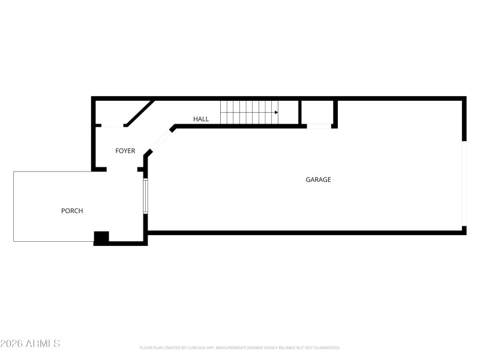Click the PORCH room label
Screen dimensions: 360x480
(x=72, y=211)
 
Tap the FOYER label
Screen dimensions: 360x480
(x=125, y=151)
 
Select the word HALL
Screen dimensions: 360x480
(x=201, y=119)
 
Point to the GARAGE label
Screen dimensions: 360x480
(x=318, y=179)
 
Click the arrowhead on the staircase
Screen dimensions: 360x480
(x=276, y=112)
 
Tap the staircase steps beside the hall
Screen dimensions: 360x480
(x=249, y=112)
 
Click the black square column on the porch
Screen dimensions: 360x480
(x=101, y=238)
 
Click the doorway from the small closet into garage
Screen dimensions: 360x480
(x=319, y=126)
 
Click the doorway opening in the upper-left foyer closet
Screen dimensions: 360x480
(x=110, y=126)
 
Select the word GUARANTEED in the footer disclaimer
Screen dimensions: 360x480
(x=325, y=347)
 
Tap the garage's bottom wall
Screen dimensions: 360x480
(x=306, y=232)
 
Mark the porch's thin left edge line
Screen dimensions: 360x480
(x=14, y=206)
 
